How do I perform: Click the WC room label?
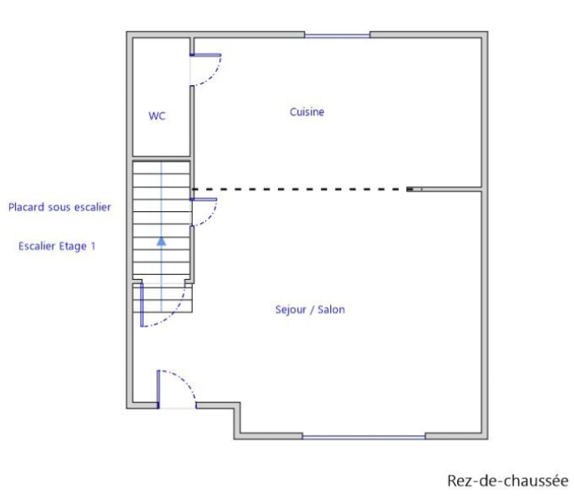157,116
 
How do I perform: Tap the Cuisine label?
307,112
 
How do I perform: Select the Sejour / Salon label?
310,310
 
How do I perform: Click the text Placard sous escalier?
60,207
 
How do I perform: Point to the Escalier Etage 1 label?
57,246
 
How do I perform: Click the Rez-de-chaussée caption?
508,481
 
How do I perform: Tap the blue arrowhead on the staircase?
161,241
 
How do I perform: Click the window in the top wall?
337,35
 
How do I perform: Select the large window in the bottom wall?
363,437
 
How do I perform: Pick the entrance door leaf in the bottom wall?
158,389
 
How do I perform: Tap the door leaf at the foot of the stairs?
142,304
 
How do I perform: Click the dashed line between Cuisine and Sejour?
299,189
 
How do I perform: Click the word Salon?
331,310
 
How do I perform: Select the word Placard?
26,207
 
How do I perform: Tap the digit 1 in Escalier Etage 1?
93,246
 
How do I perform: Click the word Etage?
73,247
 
